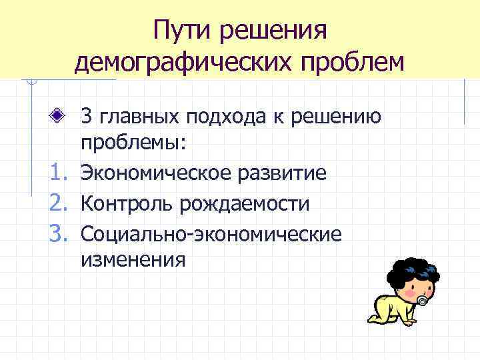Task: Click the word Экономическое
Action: coord(153,174)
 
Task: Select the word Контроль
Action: coord(125,203)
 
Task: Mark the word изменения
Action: coord(133,259)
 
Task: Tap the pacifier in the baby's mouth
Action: coord(423,301)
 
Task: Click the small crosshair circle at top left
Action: coord(29,82)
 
